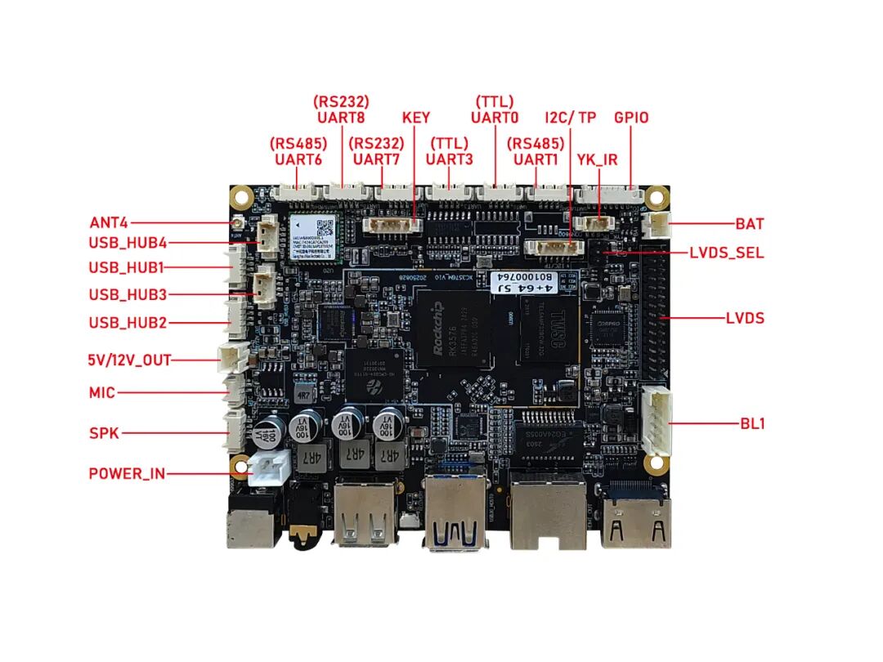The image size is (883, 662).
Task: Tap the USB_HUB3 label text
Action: pos(128,294)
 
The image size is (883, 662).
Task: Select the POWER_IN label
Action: pos(127,473)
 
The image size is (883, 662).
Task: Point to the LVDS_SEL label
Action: pos(726,253)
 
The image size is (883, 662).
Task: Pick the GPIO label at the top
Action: pos(631,118)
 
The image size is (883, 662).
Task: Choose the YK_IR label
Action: pos(597,160)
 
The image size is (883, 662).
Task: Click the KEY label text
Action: pos(415,118)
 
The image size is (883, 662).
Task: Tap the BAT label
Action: pos(750,223)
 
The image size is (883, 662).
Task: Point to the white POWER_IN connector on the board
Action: pos(268,471)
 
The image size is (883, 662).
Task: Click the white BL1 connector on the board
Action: pos(657,420)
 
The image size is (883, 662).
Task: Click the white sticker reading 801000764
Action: pos(524,283)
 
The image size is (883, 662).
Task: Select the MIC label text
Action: pos(102,393)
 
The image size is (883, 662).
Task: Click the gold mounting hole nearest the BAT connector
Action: pos(654,197)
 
